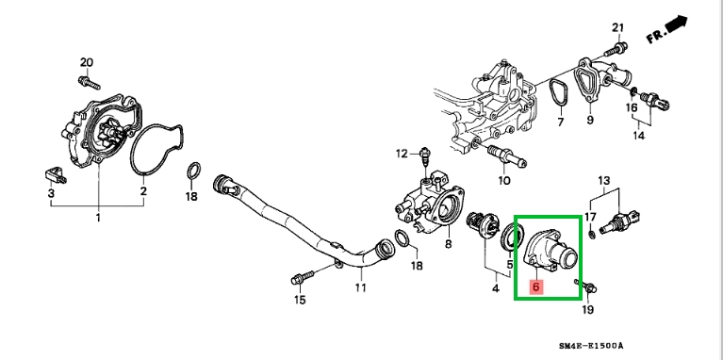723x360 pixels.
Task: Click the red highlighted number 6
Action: coord(535,286)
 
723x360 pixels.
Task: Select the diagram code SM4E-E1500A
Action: coord(591,346)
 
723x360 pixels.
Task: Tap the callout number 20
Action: coord(87,62)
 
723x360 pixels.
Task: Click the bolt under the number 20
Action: coord(89,82)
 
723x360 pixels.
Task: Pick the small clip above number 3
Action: coord(56,174)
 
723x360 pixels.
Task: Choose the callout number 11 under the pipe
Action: coord(361,287)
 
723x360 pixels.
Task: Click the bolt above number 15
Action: coord(303,277)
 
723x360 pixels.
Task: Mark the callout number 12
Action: coord(403,154)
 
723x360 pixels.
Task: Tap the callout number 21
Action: coord(617,27)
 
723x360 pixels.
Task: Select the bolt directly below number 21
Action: coord(616,47)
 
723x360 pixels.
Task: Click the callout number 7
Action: coord(561,123)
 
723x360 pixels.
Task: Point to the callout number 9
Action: coord(590,121)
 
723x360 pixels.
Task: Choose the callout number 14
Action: coord(638,136)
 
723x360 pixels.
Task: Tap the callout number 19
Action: coord(588,309)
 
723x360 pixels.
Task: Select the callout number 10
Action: coord(504,180)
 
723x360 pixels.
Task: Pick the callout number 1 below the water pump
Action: coord(98,217)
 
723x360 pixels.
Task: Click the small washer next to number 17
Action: coord(593,235)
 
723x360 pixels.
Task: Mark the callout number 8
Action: coord(448,244)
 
